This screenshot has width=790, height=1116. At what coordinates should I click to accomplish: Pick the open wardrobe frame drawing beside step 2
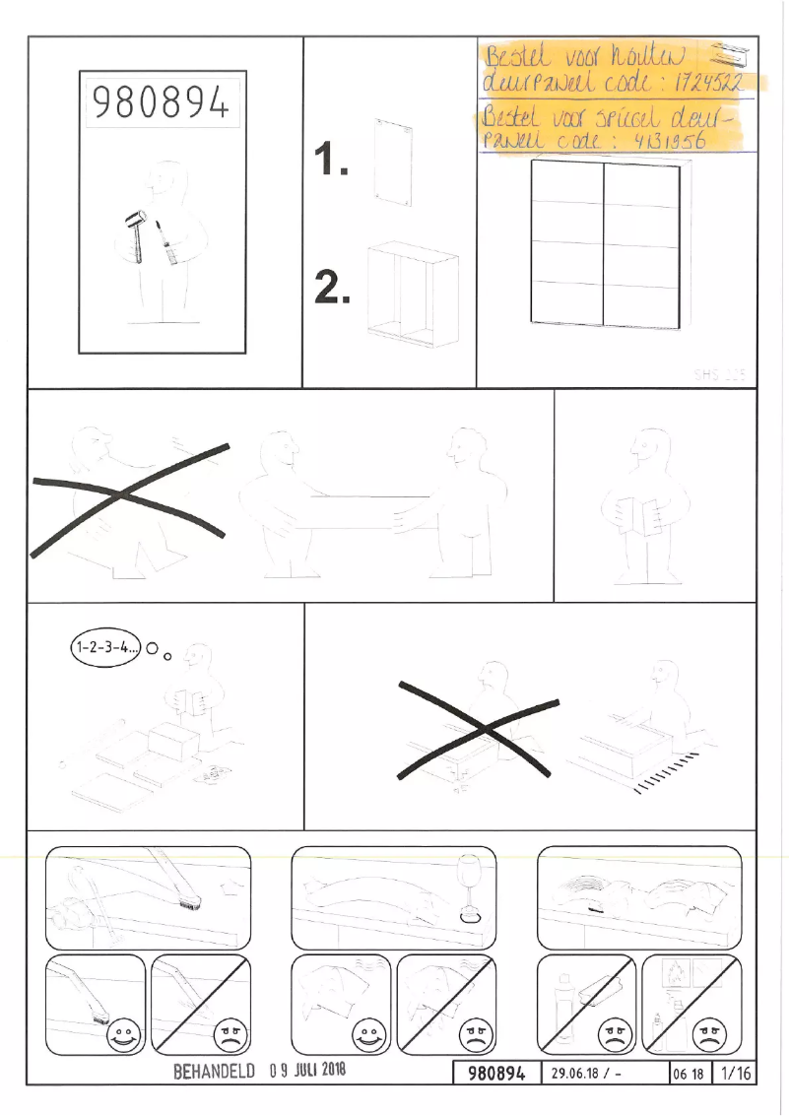[412, 293]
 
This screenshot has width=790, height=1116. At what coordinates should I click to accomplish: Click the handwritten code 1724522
[706, 83]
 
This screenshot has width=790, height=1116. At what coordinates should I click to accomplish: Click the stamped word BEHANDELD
[215, 1071]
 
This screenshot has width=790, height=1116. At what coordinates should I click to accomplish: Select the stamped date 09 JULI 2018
[306, 1071]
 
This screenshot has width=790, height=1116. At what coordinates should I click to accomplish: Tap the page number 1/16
[736, 1074]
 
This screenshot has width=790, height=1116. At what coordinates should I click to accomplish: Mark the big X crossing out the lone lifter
[128, 497]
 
